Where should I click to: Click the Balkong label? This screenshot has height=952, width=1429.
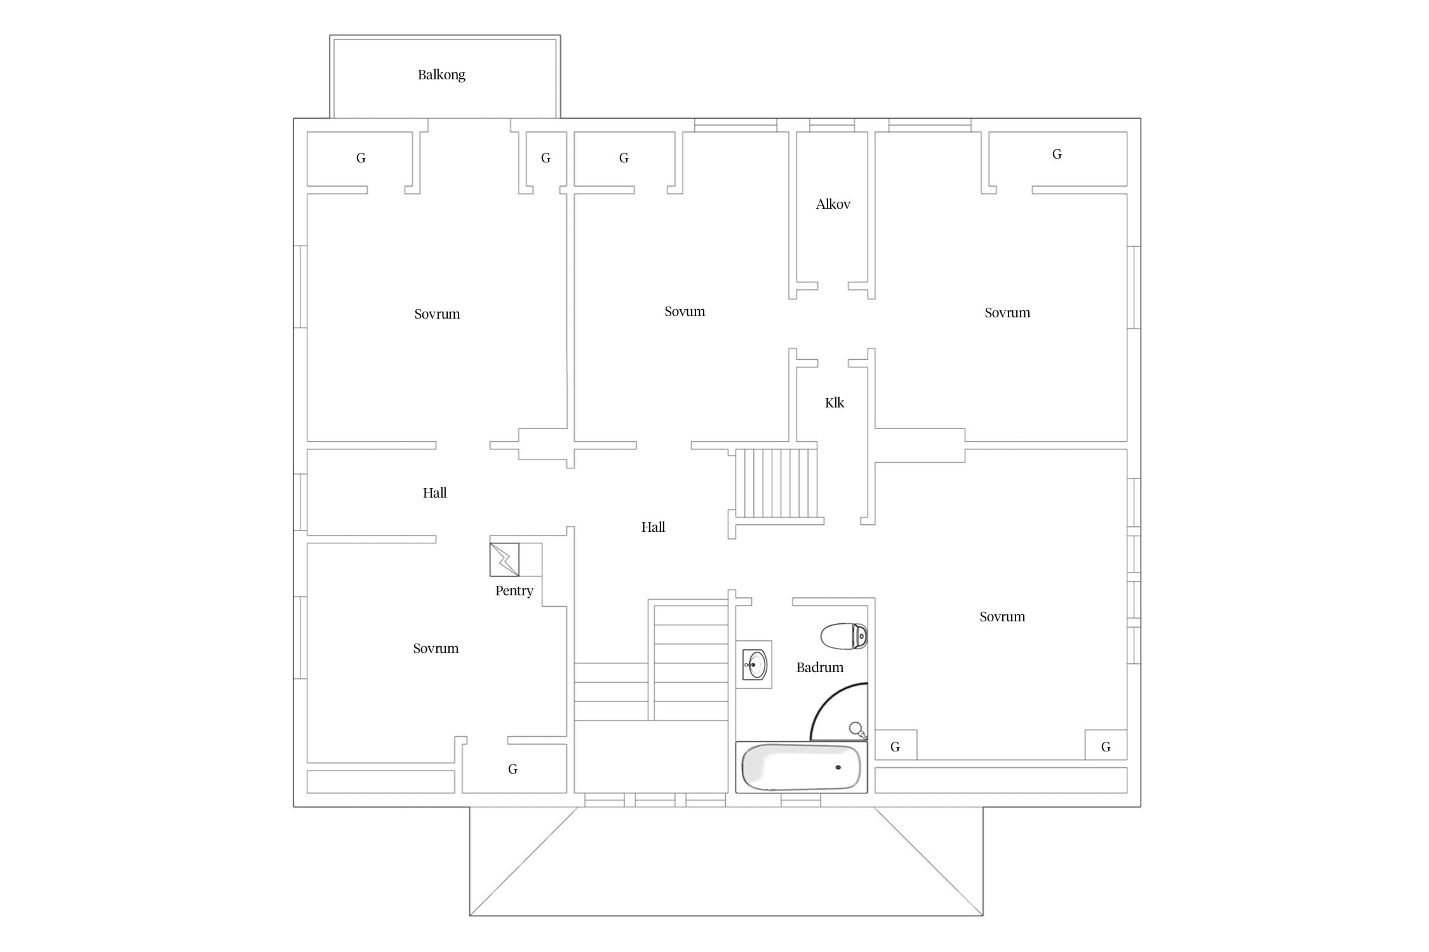pos(441,75)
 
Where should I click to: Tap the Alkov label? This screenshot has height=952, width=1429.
pos(833,204)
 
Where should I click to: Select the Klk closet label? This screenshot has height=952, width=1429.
pos(834,403)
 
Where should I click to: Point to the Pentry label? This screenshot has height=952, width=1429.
pos(514,591)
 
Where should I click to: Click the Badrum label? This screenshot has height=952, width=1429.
pos(819,668)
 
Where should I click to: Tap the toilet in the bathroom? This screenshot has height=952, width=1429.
pos(844,636)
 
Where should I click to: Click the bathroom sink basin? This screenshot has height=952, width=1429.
pos(755,665)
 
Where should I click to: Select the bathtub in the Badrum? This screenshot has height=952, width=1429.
pos(802,767)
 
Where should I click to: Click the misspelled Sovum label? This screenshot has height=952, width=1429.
pos(685,312)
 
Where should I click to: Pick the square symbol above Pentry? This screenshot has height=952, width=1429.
pos(504,559)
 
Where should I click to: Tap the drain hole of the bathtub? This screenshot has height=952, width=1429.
pos(838,767)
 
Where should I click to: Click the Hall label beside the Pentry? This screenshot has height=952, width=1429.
pos(434,493)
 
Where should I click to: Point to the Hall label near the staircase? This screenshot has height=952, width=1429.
pos(653,527)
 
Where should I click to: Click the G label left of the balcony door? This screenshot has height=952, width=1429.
pos(361,158)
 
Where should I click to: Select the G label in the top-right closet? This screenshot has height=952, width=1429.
pos(1057,154)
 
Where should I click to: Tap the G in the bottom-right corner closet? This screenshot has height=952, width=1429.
pos(1106,747)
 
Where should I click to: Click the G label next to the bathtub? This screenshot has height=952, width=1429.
pos(895,747)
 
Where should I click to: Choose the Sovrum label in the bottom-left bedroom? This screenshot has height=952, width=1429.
pos(436,649)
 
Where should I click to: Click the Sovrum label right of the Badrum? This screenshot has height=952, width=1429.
pos(1002,617)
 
